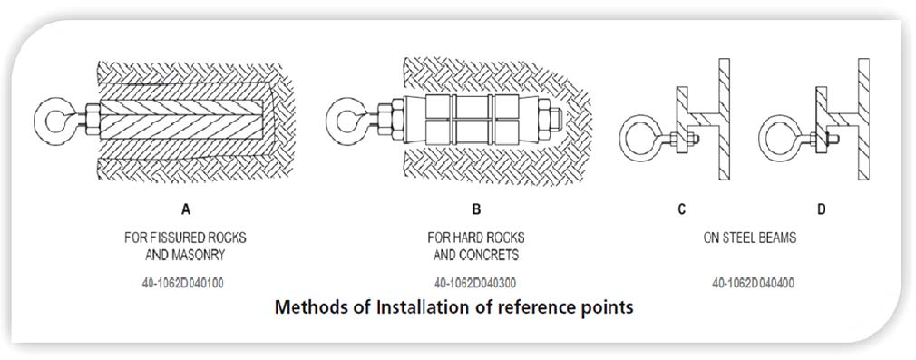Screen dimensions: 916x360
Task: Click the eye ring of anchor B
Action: pyautogui.click(x=330, y=121)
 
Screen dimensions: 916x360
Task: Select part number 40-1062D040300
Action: pyautogui.click(x=475, y=284)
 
